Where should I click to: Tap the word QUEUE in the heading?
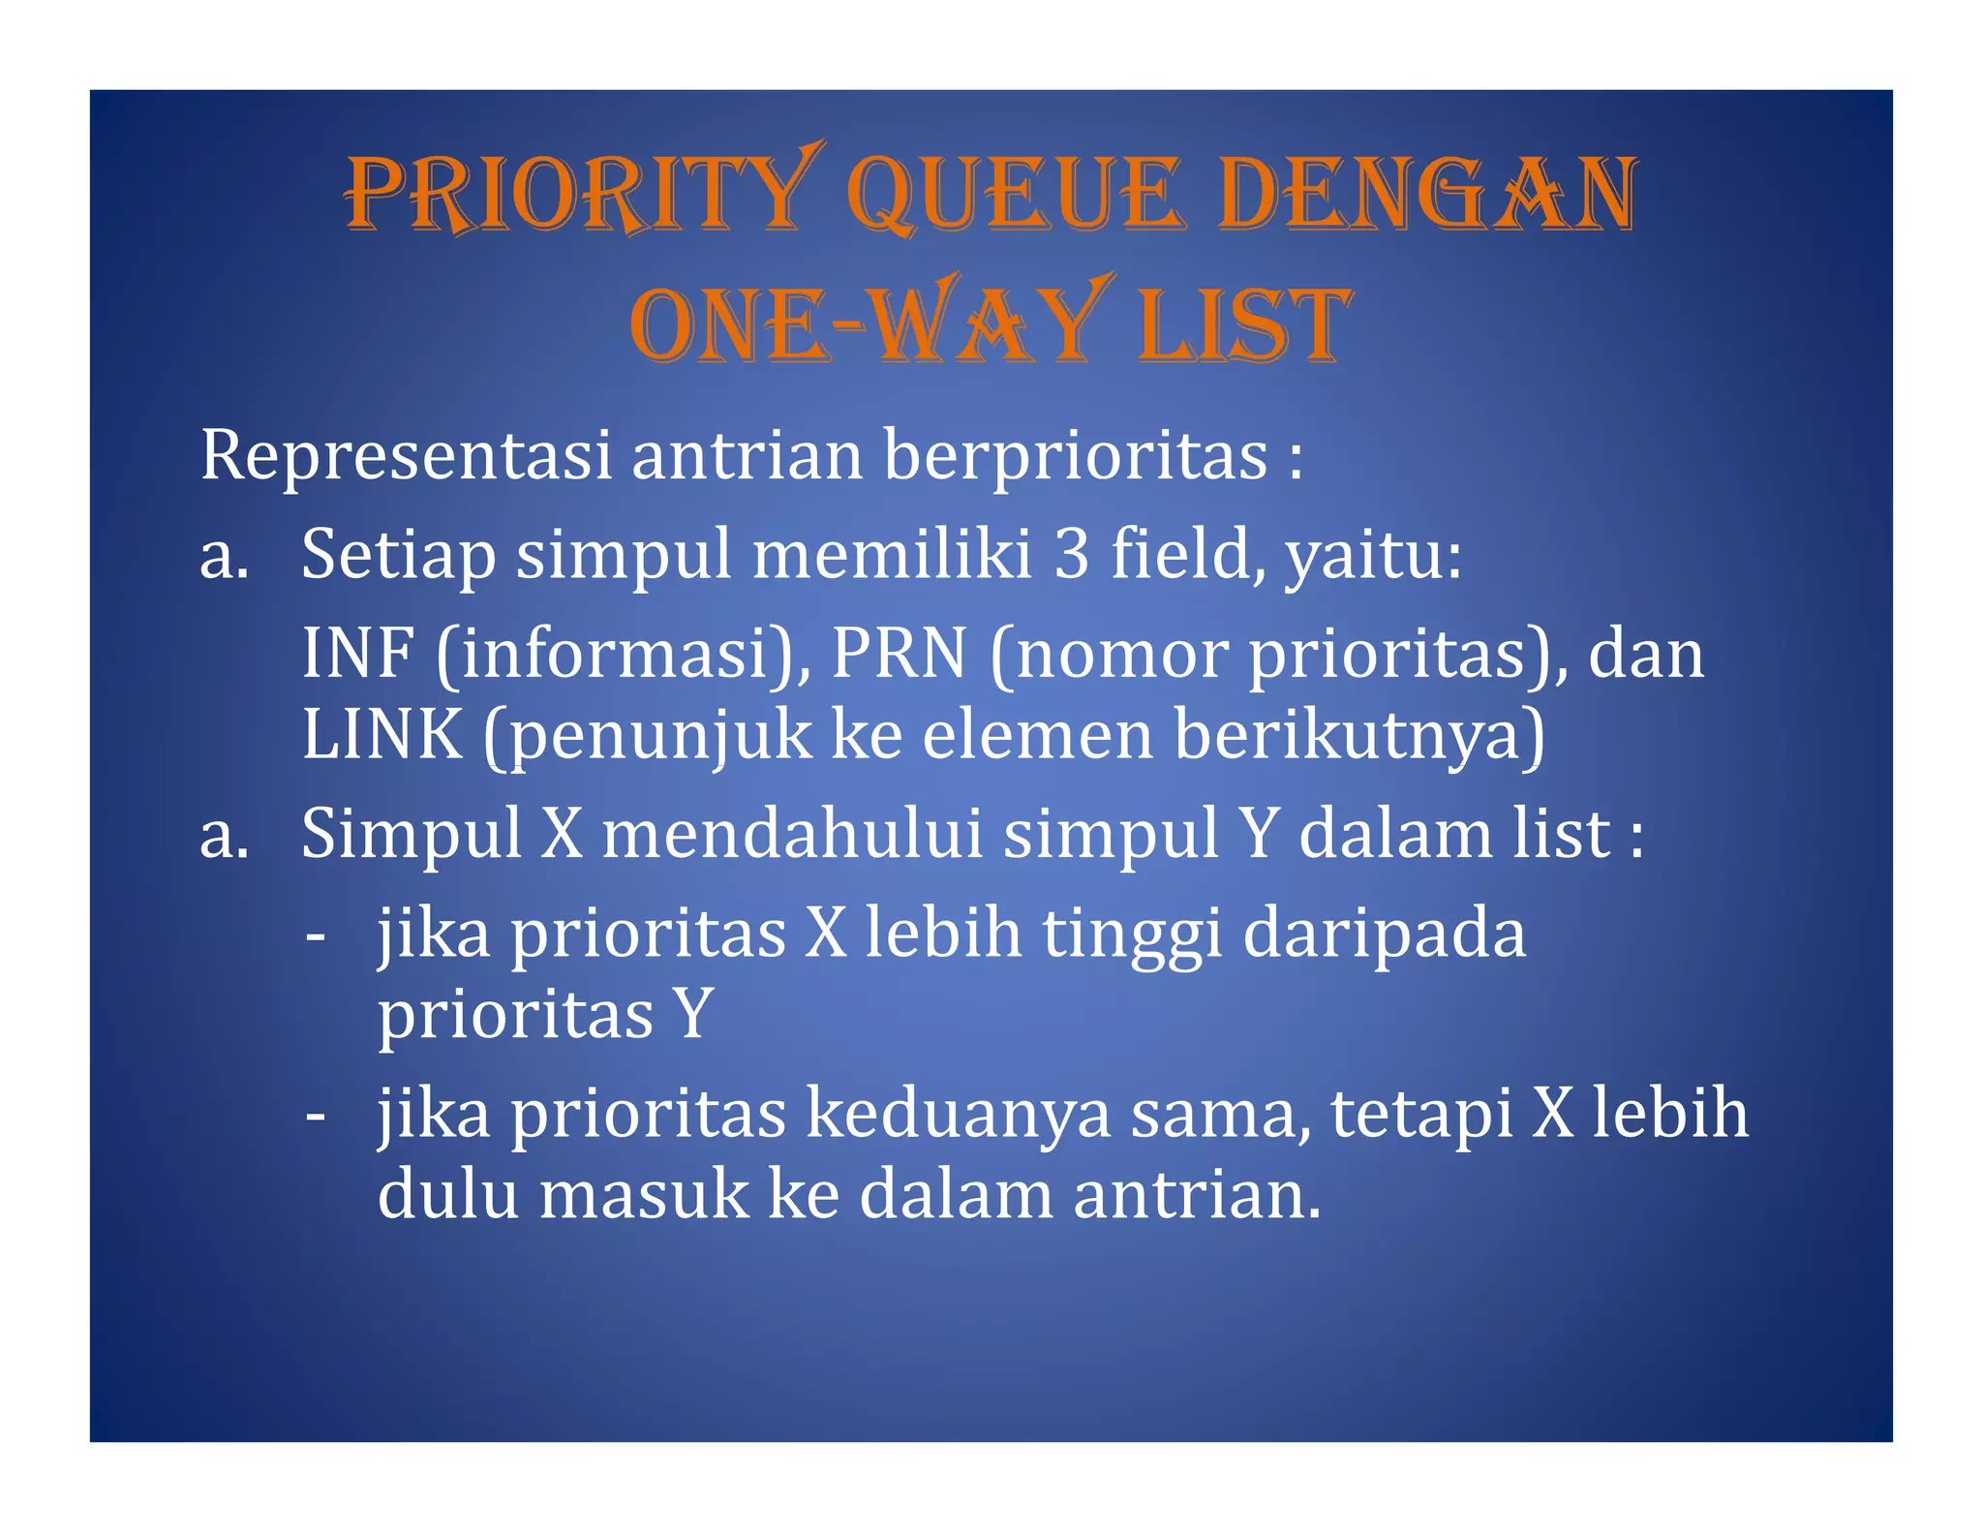(1017, 194)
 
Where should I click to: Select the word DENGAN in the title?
(1427, 194)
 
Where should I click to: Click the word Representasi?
(406, 454)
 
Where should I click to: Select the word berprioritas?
(1076, 454)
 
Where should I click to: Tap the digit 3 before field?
(1071, 554)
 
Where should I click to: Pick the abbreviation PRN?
(900, 653)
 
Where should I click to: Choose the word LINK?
(381, 734)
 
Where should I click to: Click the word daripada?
(1384, 934)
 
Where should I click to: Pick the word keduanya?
(958, 1114)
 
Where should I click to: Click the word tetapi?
(1420, 1114)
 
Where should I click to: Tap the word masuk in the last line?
(644, 1195)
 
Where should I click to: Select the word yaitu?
(1373, 556)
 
